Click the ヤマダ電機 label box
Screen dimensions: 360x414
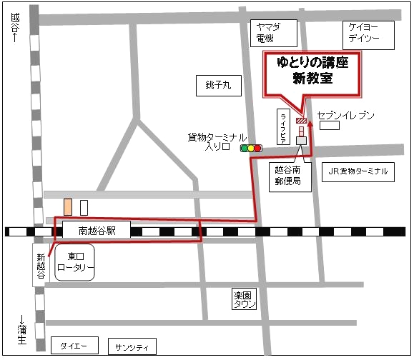click(268, 32)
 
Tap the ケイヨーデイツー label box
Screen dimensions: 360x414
click(369, 32)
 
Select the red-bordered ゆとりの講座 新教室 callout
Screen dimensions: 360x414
click(312, 72)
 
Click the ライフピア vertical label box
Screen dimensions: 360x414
click(283, 129)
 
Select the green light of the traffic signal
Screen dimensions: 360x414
click(244, 149)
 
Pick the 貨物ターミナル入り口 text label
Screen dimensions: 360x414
click(217, 142)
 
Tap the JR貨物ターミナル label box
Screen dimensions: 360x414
click(359, 171)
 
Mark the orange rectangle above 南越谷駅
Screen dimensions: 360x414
click(68, 207)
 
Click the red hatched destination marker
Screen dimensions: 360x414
click(302, 121)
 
